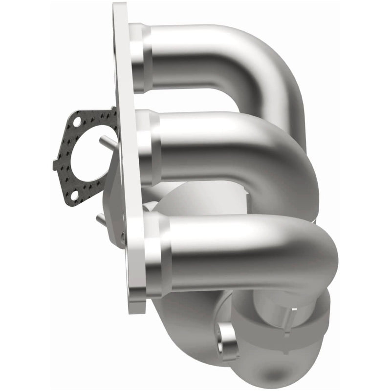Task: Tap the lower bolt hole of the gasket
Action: (74, 195)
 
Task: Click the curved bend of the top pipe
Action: (274, 73)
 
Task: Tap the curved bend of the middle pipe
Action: (288, 161)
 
